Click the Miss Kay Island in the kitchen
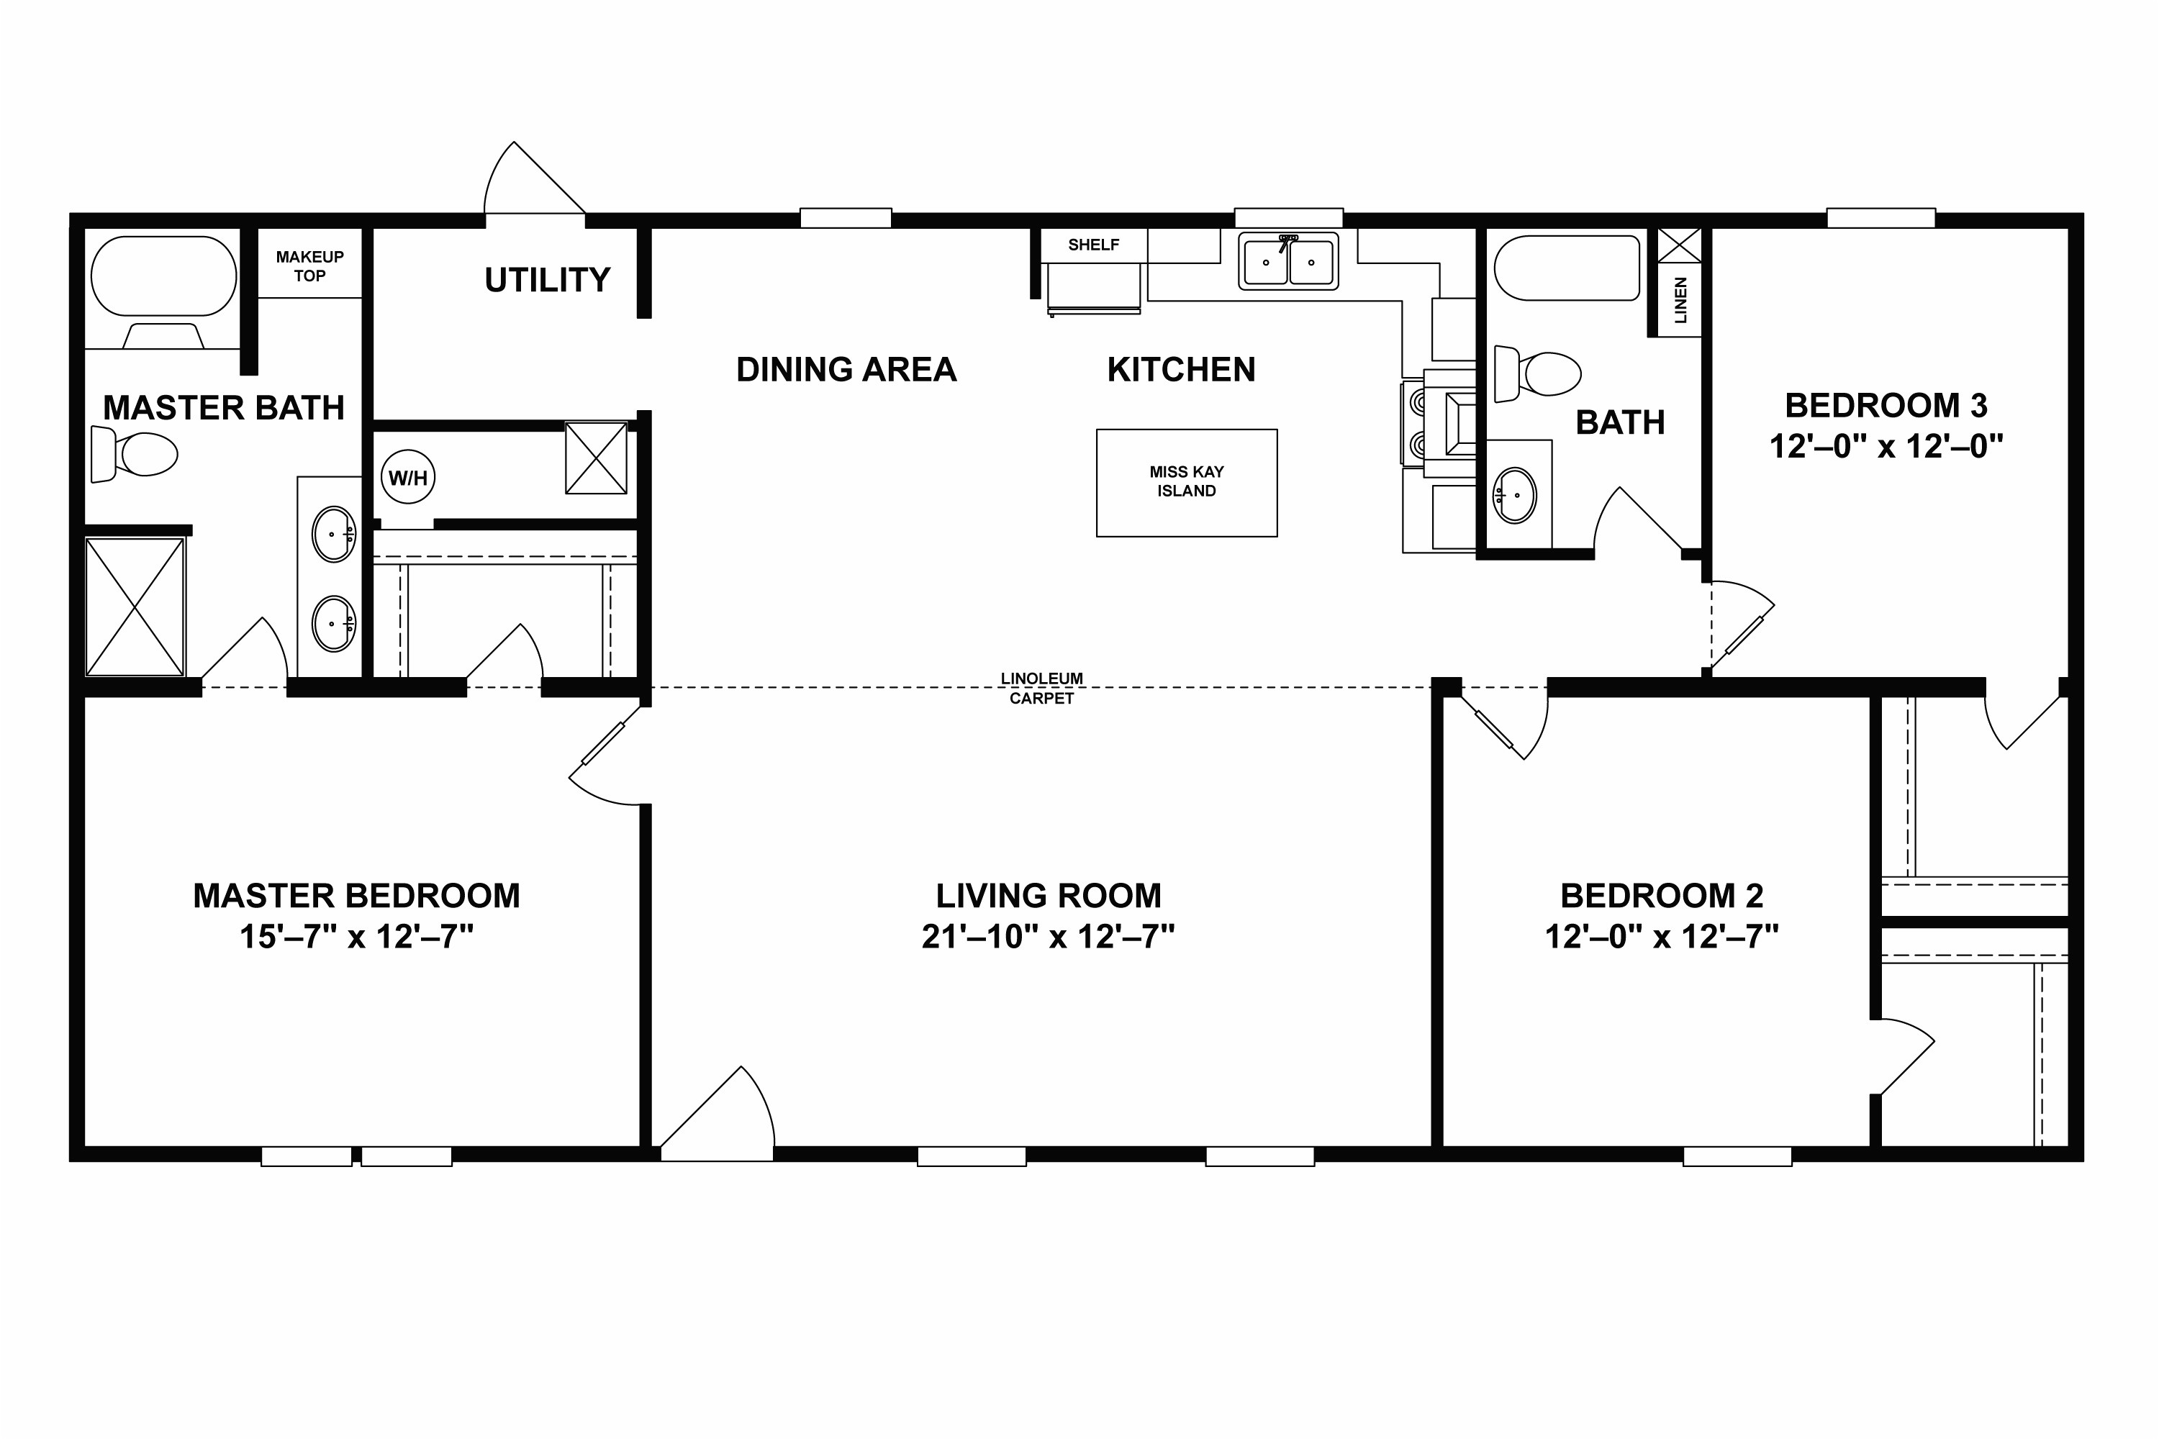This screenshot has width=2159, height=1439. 1186,483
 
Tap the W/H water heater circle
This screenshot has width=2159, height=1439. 407,477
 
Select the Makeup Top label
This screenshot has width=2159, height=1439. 309,266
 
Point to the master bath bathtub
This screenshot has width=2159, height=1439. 163,276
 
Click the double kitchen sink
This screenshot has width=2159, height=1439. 1288,262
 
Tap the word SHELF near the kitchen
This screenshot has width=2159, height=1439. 1093,245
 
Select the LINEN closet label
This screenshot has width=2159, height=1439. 1680,300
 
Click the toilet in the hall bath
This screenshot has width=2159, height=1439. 1536,373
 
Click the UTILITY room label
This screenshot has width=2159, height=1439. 547,280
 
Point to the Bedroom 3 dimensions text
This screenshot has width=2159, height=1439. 1886,447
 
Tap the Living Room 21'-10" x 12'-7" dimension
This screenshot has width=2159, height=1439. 1049,937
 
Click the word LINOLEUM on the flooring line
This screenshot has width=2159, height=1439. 1042,678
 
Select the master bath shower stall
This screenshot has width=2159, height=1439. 135,607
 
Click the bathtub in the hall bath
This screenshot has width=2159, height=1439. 1566,268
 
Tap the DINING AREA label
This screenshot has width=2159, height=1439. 846,370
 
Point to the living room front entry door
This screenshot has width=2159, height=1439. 717,1112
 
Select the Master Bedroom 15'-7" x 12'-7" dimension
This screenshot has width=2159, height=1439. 357,937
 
